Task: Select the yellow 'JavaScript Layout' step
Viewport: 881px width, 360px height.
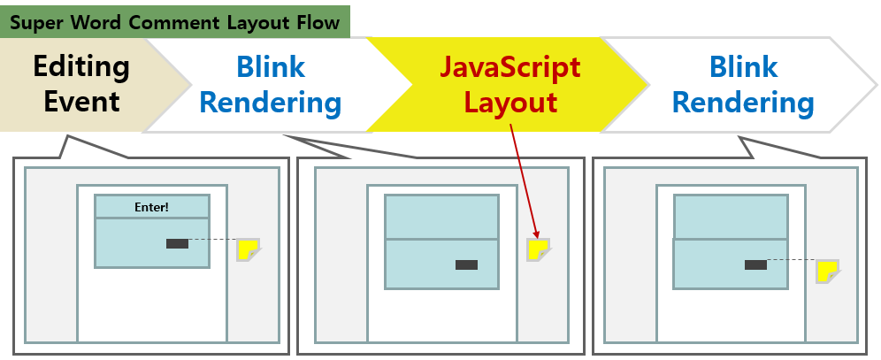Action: tap(510, 84)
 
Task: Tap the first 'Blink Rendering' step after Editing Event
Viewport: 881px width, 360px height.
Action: tap(271, 84)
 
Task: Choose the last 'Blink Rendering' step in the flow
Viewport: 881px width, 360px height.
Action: tap(743, 84)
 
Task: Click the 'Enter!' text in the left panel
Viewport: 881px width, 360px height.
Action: tap(151, 208)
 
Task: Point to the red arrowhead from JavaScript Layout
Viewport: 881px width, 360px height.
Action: tap(534, 234)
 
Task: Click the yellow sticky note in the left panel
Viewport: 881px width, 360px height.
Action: tap(248, 249)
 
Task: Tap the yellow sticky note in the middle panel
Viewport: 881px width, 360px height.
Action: tap(538, 249)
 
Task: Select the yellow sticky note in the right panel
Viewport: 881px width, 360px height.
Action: tap(827, 272)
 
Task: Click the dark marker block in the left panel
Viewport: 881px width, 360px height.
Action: tap(177, 243)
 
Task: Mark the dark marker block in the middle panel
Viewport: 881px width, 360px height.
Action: tap(466, 264)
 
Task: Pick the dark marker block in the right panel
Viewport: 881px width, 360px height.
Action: tap(755, 264)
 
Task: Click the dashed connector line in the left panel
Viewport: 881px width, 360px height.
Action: tap(212, 240)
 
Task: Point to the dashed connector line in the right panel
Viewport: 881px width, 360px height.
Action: tap(790, 260)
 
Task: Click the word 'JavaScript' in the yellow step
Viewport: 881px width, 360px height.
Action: tap(510, 67)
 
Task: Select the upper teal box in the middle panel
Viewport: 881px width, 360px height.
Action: tap(440, 218)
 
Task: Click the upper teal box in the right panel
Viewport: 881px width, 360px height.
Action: tap(730, 218)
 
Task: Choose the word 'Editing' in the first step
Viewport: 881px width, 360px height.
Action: tap(81, 66)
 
